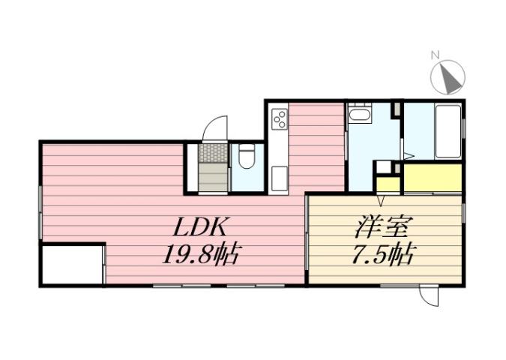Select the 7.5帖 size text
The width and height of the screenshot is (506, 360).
pos(382,255)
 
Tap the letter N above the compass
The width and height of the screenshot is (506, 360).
pos(435,55)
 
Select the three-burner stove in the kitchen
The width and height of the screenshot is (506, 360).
pos(279,119)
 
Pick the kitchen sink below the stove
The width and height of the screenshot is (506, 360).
pos(278,178)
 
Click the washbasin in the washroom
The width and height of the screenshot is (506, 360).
pos(360,116)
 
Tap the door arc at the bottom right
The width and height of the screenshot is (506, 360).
pos(430,297)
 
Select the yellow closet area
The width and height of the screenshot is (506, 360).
pos(432,178)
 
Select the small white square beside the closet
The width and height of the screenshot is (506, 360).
pos(384,167)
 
